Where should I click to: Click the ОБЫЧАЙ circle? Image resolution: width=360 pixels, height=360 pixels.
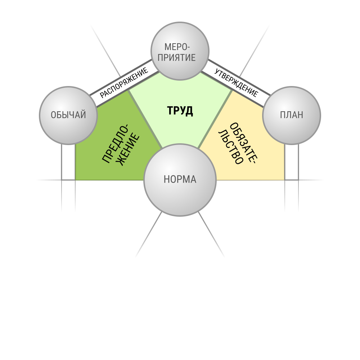click(x=68, y=115)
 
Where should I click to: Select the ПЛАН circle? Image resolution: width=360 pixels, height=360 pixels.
click(x=292, y=115)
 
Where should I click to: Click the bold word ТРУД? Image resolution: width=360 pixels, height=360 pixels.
click(x=180, y=111)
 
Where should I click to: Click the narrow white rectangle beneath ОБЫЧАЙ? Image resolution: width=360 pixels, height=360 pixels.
click(x=68, y=162)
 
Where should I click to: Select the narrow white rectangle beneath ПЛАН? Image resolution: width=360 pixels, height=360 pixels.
click(x=292, y=162)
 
